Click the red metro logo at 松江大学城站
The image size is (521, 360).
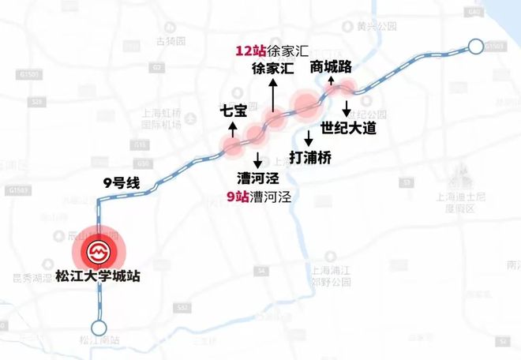tap(99, 251)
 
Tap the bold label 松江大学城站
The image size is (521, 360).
tap(99, 278)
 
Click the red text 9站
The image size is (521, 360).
tap(236, 197)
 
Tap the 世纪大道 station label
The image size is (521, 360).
tap(349, 127)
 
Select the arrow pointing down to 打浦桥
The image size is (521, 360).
tap(308, 136)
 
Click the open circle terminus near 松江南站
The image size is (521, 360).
tap(99, 327)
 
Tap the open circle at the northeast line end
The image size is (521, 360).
tap(476, 47)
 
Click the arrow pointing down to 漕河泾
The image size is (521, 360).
tap(257, 157)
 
